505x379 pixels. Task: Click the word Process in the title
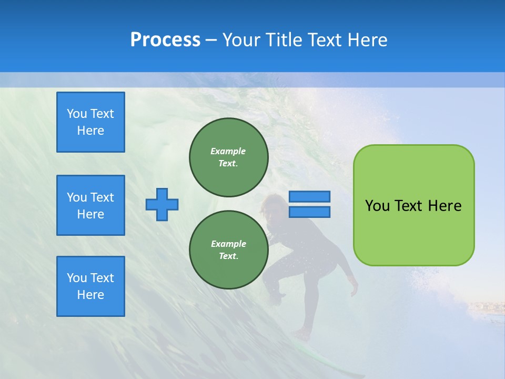[165, 40]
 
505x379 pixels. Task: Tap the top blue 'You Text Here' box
[90, 122]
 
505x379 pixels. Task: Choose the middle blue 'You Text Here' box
[90, 205]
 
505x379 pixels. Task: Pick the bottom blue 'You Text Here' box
[90, 286]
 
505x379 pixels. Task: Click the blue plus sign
[162, 204]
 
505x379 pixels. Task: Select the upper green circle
[228, 157]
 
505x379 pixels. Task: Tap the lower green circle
[228, 250]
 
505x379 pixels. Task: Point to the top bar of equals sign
[309, 196]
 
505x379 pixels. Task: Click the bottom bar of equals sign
[309, 212]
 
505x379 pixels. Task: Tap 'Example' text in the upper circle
[228, 151]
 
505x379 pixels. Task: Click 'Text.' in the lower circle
[228, 256]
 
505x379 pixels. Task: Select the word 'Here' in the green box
[445, 206]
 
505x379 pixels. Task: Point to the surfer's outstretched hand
[353, 288]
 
